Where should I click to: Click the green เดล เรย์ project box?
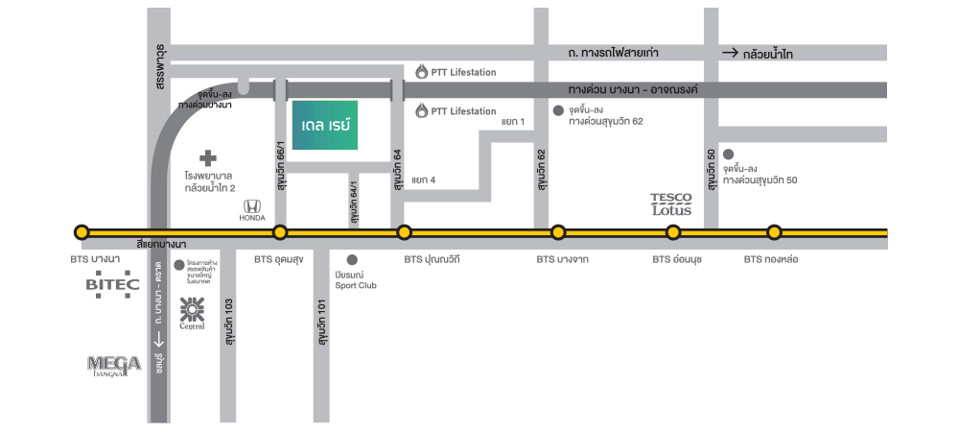pos(325,126)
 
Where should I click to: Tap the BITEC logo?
pos(113,284)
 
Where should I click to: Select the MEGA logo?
pos(114,364)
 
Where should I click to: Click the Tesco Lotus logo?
pos(671,204)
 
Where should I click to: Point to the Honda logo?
pos(251,208)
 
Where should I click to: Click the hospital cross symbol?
pos(208,157)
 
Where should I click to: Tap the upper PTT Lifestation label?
pos(463,72)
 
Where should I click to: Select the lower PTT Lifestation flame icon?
pos(422,111)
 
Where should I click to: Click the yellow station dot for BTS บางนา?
pos(82,232)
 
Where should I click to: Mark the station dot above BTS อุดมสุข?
pos(280,232)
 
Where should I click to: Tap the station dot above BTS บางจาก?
pos(558,232)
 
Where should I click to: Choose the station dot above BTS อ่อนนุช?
pos(673,232)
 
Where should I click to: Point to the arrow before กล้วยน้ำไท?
pos(730,54)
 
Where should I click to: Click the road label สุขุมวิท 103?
pos(229,322)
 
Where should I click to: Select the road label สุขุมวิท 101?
pos(320,323)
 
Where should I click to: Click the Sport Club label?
pos(356,285)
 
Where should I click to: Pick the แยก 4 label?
pos(423,180)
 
